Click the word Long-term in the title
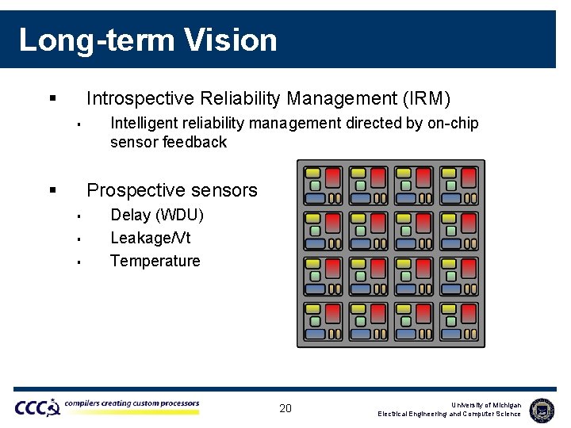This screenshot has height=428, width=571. click(94, 40)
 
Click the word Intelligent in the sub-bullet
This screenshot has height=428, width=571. click(145, 123)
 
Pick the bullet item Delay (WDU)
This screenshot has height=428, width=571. click(157, 215)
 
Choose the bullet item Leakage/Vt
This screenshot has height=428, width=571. click(150, 238)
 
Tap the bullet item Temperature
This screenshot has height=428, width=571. click(155, 261)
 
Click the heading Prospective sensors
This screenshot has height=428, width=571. click(172, 190)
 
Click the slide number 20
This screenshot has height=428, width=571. click(285, 408)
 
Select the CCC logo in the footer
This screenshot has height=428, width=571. click(36, 407)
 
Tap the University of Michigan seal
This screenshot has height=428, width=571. click(542, 409)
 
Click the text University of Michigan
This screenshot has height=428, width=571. click(485, 404)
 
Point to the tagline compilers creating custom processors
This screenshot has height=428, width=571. click(132, 403)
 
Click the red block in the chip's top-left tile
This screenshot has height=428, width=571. click(333, 177)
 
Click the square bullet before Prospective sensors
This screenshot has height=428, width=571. click(52, 190)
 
